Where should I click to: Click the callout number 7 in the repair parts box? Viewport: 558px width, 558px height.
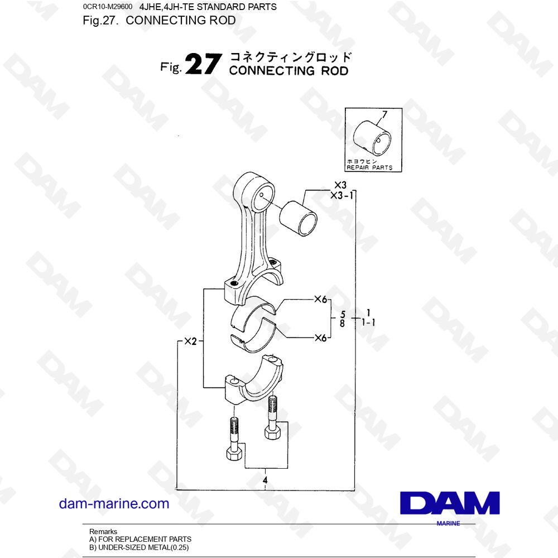384,114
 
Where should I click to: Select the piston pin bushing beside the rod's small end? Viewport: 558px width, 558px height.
298,219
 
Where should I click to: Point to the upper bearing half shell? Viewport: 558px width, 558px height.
253,312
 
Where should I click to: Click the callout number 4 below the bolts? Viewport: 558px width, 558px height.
265,480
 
